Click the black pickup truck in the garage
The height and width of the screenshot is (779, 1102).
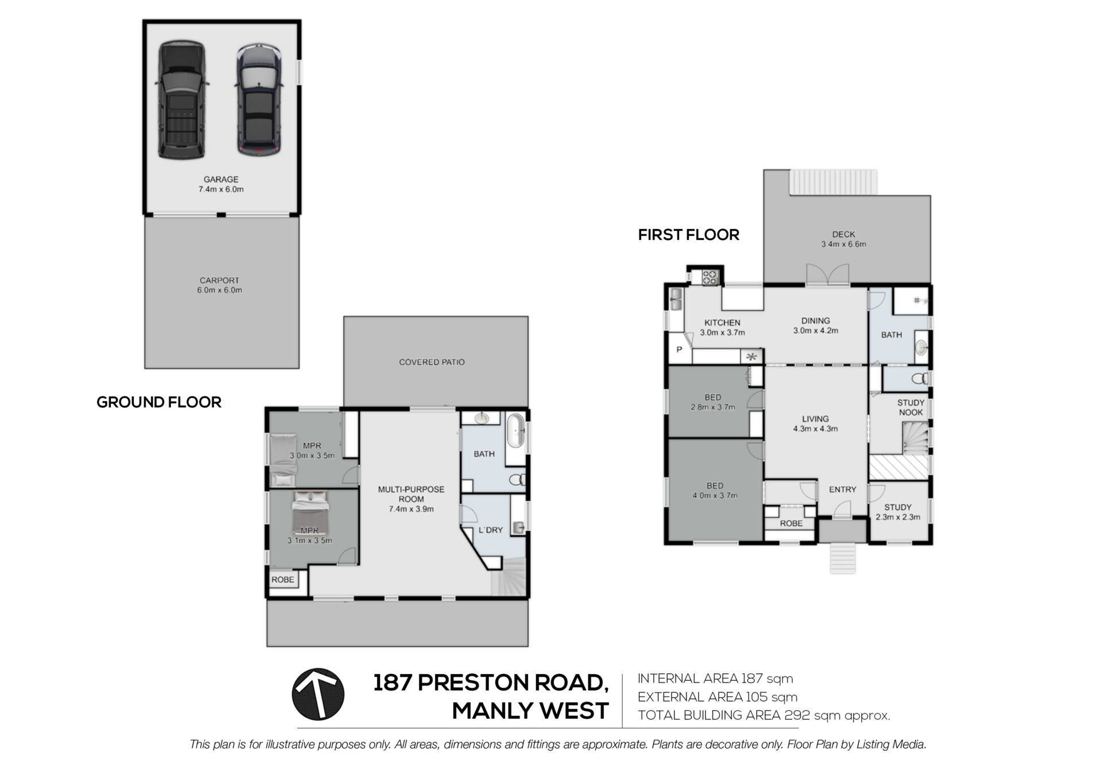(x=181, y=99)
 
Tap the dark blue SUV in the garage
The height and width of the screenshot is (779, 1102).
(x=259, y=101)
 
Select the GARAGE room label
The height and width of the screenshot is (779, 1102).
(x=221, y=180)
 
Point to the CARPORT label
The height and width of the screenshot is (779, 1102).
(x=219, y=281)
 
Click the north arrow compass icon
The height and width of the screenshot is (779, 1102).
(x=318, y=695)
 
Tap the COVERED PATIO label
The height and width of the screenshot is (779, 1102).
(x=432, y=362)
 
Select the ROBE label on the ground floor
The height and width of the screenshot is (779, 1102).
(x=282, y=580)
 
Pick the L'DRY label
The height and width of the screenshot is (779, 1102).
(x=490, y=530)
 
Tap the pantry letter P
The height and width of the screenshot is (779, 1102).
(x=679, y=349)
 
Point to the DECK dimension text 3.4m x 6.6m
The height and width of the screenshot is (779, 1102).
(x=843, y=244)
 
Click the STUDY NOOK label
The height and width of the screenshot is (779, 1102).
(x=911, y=408)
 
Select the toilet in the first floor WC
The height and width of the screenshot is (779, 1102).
(x=919, y=378)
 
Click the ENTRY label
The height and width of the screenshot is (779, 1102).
(x=843, y=490)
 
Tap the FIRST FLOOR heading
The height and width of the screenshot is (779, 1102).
(x=689, y=235)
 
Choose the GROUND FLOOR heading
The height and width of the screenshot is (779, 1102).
(x=159, y=402)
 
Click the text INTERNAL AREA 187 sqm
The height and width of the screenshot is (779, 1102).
(x=715, y=679)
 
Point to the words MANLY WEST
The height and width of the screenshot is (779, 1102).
(x=530, y=711)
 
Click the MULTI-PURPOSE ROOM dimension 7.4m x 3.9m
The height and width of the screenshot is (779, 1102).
(x=411, y=509)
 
